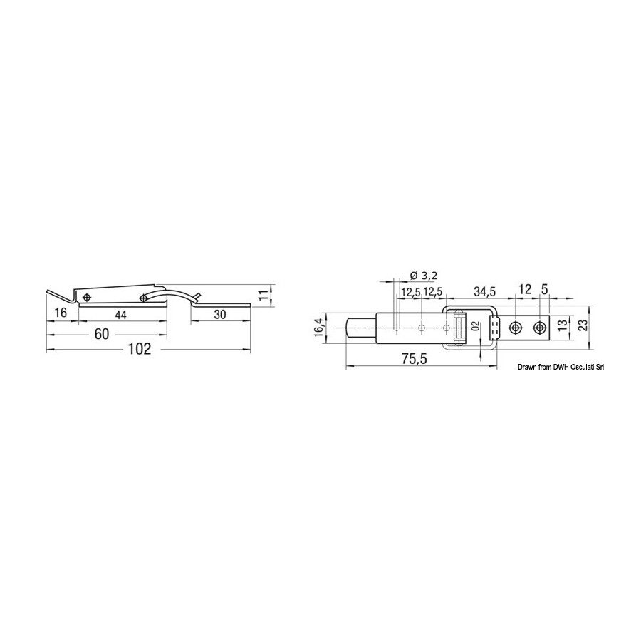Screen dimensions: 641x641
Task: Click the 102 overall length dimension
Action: pos(140,349)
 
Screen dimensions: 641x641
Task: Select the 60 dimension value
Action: pos(102,334)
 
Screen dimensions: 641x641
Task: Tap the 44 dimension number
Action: pos(120,314)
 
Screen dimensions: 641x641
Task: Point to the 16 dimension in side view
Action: pos(61,313)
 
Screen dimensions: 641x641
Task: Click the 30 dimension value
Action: pos(220,314)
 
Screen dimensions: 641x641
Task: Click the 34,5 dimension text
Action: pos(484,292)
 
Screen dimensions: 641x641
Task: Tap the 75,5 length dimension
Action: pos(414,360)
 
